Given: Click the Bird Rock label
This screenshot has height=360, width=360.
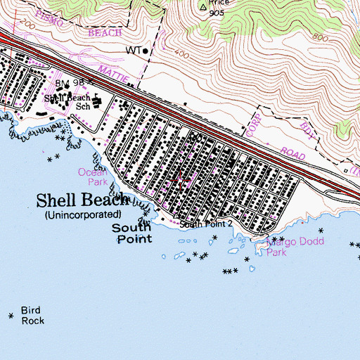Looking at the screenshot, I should click(32, 316).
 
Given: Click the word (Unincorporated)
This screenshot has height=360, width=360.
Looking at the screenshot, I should click(82, 214).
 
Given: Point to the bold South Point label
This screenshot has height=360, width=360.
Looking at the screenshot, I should click(133, 233).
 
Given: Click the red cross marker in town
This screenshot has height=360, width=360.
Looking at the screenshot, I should click(180, 180).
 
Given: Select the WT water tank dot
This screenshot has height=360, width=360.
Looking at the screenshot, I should click(146, 51).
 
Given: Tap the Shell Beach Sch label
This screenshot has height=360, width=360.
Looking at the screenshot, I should click(69, 102).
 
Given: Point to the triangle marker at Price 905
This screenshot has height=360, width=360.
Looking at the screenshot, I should click(204, 8).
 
